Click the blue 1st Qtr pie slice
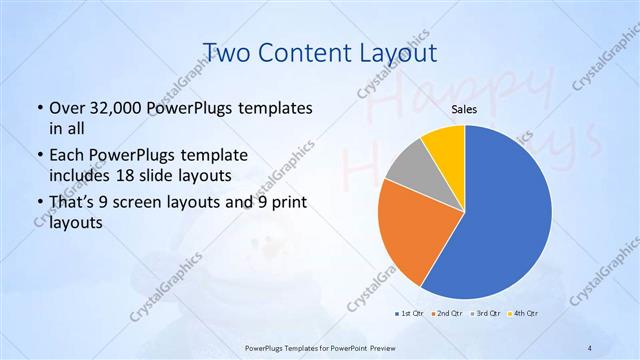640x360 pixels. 505,220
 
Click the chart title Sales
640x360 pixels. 463,108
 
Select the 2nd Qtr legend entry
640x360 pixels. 446,313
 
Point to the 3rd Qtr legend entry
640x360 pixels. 485,313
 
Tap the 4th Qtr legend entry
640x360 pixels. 524,313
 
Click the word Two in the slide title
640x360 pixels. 225,53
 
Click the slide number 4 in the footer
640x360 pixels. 590,347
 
